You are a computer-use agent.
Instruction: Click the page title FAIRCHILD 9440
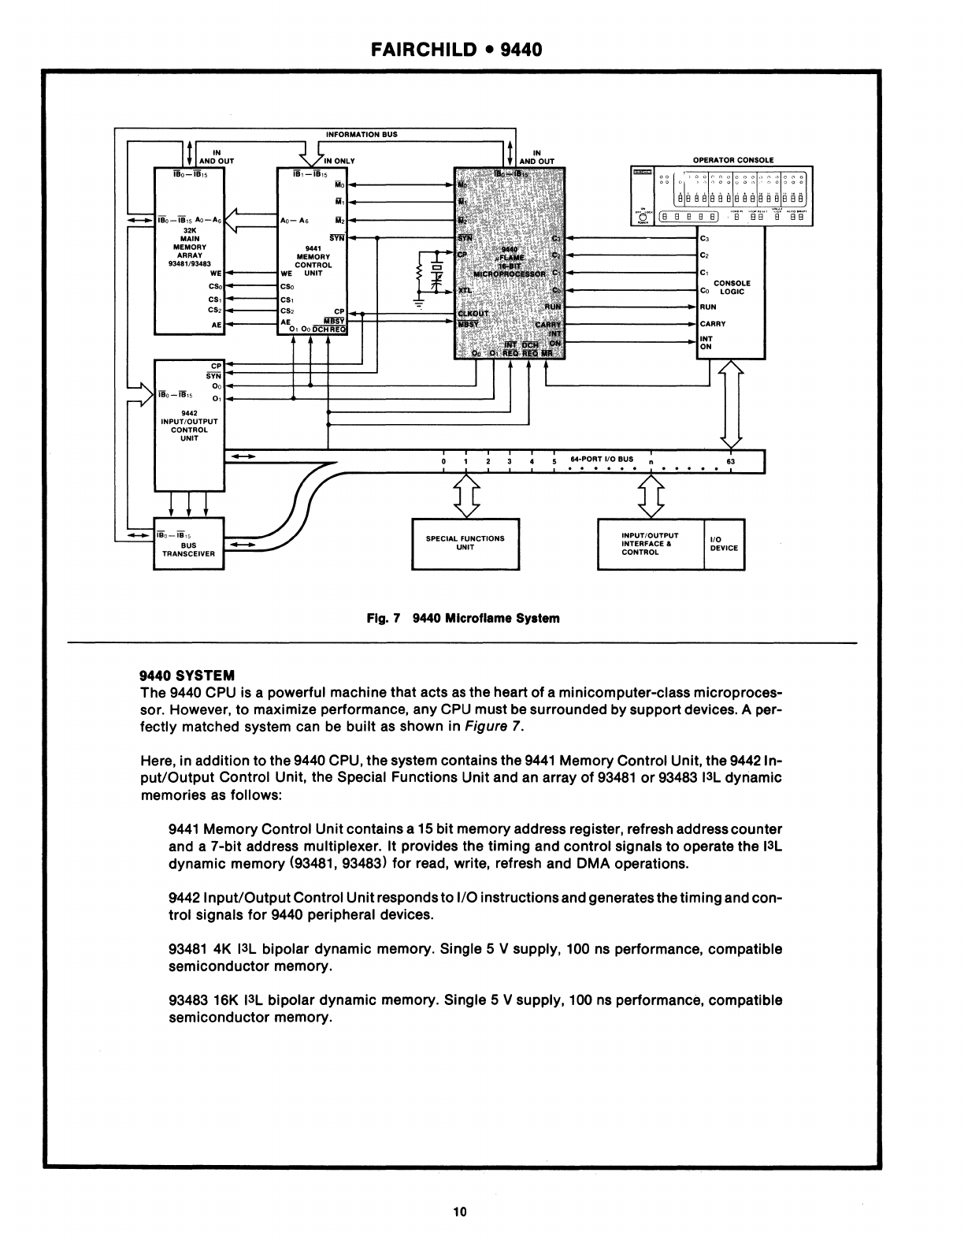tap(456, 49)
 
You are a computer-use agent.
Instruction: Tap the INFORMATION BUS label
tap(361, 134)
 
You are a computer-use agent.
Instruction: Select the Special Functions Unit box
tap(465, 543)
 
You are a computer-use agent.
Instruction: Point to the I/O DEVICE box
tap(724, 543)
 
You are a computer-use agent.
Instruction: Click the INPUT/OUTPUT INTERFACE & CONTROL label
tap(651, 543)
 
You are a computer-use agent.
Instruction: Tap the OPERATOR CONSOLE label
tap(732, 160)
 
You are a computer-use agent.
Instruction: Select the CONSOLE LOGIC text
tap(732, 287)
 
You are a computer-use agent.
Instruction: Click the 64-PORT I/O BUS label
tap(602, 459)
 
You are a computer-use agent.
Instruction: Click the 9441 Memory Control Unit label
tap(313, 256)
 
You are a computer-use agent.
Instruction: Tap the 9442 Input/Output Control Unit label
tap(188, 426)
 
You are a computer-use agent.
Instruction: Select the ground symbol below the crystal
tap(418, 303)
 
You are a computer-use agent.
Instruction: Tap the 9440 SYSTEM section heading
tap(187, 676)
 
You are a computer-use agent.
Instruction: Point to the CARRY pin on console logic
tap(713, 323)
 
